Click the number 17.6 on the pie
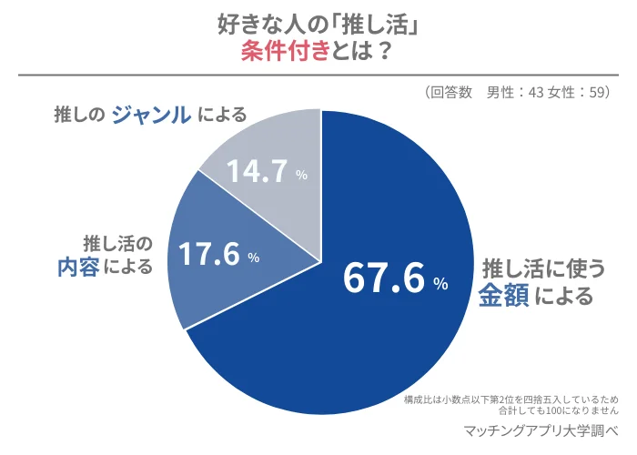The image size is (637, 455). [208, 255]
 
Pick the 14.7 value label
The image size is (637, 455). [256, 172]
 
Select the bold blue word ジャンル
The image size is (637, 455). [151, 114]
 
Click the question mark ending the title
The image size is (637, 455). [384, 52]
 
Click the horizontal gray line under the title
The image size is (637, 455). [318, 76]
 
